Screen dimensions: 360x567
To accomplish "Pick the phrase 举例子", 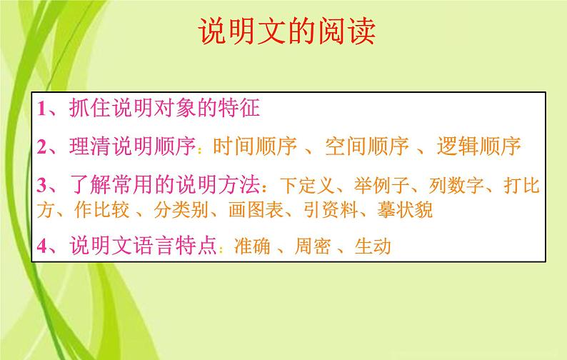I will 378,188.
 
